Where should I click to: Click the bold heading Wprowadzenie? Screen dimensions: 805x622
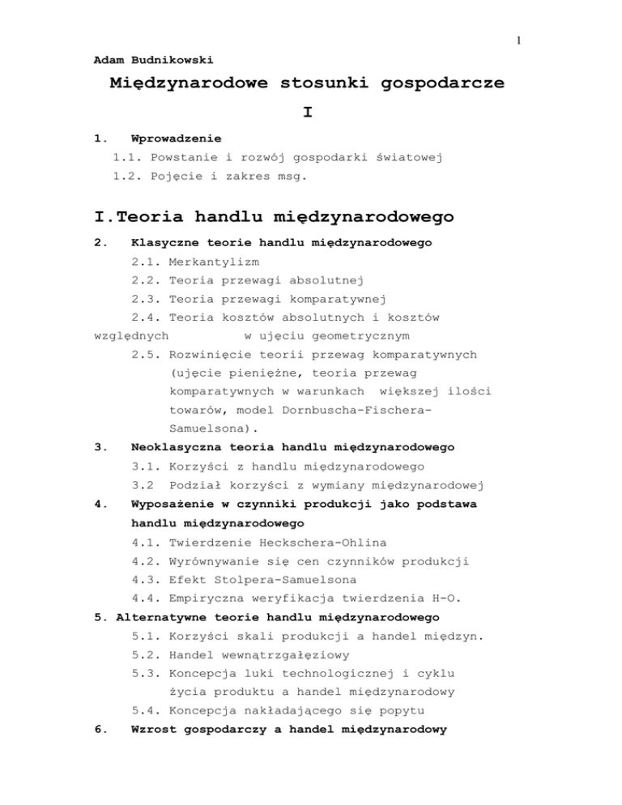[x=177, y=138]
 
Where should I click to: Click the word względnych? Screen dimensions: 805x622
[x=130, y=334]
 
